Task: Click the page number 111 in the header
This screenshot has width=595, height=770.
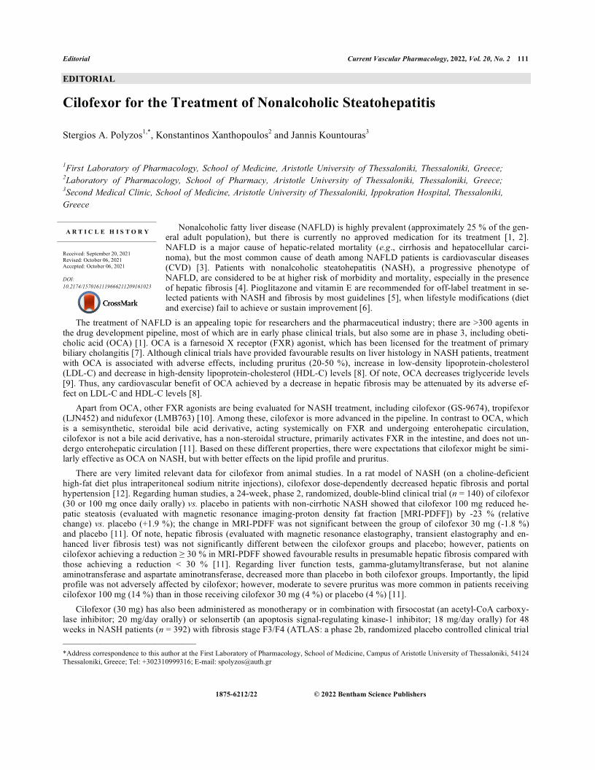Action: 523,58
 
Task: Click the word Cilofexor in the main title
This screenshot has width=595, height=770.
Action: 98,103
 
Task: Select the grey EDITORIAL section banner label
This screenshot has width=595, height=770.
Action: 89,79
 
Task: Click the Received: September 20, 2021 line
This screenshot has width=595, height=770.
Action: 97,253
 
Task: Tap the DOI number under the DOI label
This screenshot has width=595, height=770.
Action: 107,287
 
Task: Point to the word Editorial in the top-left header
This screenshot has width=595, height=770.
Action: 77,58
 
